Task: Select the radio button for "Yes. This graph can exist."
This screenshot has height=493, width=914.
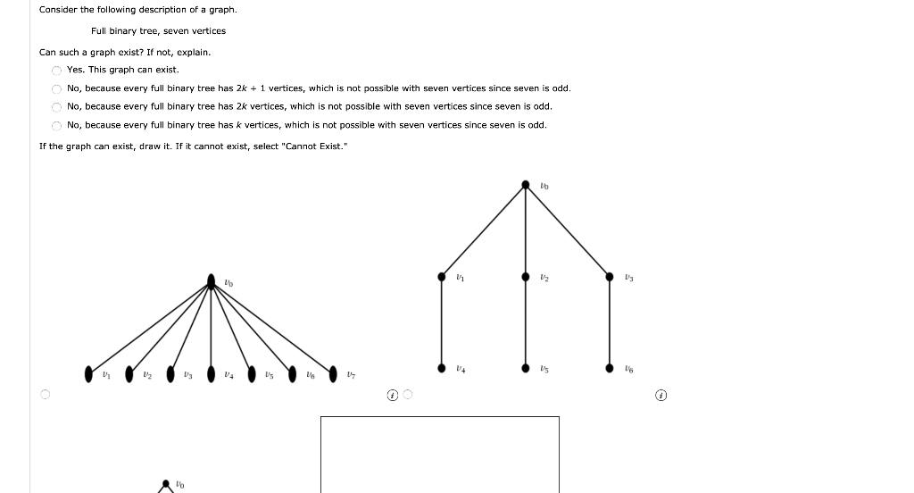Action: click(x=55, y=70)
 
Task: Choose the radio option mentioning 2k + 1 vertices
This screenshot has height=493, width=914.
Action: click(x=55, y=88)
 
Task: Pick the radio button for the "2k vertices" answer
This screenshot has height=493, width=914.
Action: click(x=55, y=107)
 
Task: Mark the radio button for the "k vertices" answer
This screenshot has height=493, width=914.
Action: click(x=55, y=126)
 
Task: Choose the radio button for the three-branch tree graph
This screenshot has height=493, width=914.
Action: click(x=408, y=394)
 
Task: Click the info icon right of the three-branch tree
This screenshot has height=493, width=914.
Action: click(x=661, y=394)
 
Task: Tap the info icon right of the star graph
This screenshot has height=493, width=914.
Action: click(x=393, y=394)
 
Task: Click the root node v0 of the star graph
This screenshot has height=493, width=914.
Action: click(x=211, y=281)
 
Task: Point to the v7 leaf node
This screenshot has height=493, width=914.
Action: click(x=333, y=372)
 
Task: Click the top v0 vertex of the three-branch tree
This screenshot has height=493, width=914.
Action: click(x=526, y=186)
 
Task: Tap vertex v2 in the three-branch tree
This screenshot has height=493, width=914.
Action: click(x=526, y=277)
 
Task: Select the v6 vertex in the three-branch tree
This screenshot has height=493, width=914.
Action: click(x=610, y=367)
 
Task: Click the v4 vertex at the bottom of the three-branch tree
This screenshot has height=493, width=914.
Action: click(x=441, y=367)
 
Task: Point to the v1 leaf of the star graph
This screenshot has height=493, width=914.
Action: click(x=88, y=372)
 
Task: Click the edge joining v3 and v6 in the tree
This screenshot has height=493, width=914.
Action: click(x=610, y=322)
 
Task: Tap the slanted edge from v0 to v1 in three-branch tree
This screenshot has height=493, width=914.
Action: click(x=483, y=231)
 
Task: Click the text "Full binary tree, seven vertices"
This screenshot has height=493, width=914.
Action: click(x=158, y=31)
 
